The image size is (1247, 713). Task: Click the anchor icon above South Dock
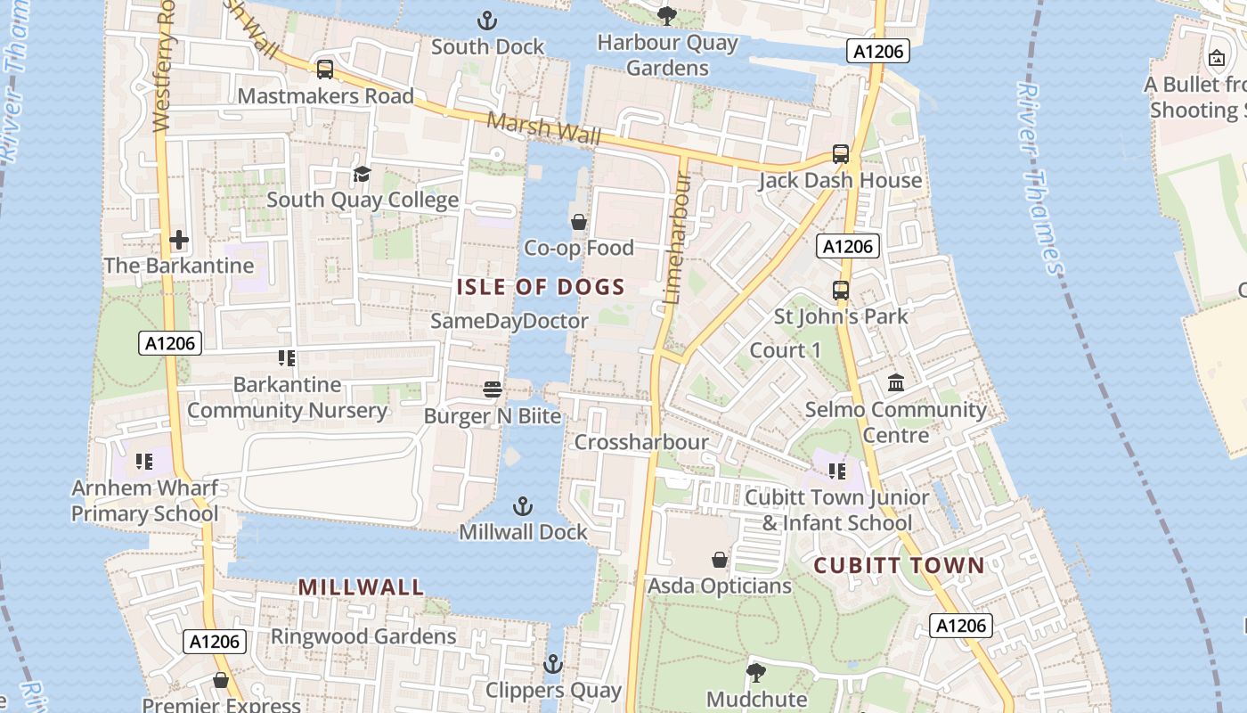pos(487,20)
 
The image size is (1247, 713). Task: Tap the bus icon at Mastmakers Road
pos(325,70)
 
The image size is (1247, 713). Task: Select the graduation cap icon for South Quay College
pos(362,173)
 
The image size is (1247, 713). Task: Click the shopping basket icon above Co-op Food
pos(579,221)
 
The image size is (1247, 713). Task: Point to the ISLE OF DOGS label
pos(541,287)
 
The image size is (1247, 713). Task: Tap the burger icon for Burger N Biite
pos(493,389)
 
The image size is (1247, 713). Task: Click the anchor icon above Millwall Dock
pos(523,506)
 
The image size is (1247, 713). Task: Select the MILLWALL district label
pos(361,587)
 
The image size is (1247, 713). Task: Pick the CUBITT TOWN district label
pos(900,565)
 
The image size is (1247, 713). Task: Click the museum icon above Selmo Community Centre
pos(896,382)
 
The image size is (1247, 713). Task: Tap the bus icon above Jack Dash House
pos(841,153)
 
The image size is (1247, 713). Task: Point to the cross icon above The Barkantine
pos(179,240)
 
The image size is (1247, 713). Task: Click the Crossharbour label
pos(641,442)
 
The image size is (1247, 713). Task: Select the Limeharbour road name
pos(679,237)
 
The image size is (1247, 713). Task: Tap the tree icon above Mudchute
pos(756,672)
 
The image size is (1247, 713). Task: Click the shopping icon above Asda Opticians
pos(720,560)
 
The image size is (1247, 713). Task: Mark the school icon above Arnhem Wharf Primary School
pos(144,462)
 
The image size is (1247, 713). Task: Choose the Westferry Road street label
pos(162,67)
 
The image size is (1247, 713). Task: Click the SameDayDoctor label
pos(509,321)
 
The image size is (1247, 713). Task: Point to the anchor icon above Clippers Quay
pos(553,664)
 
